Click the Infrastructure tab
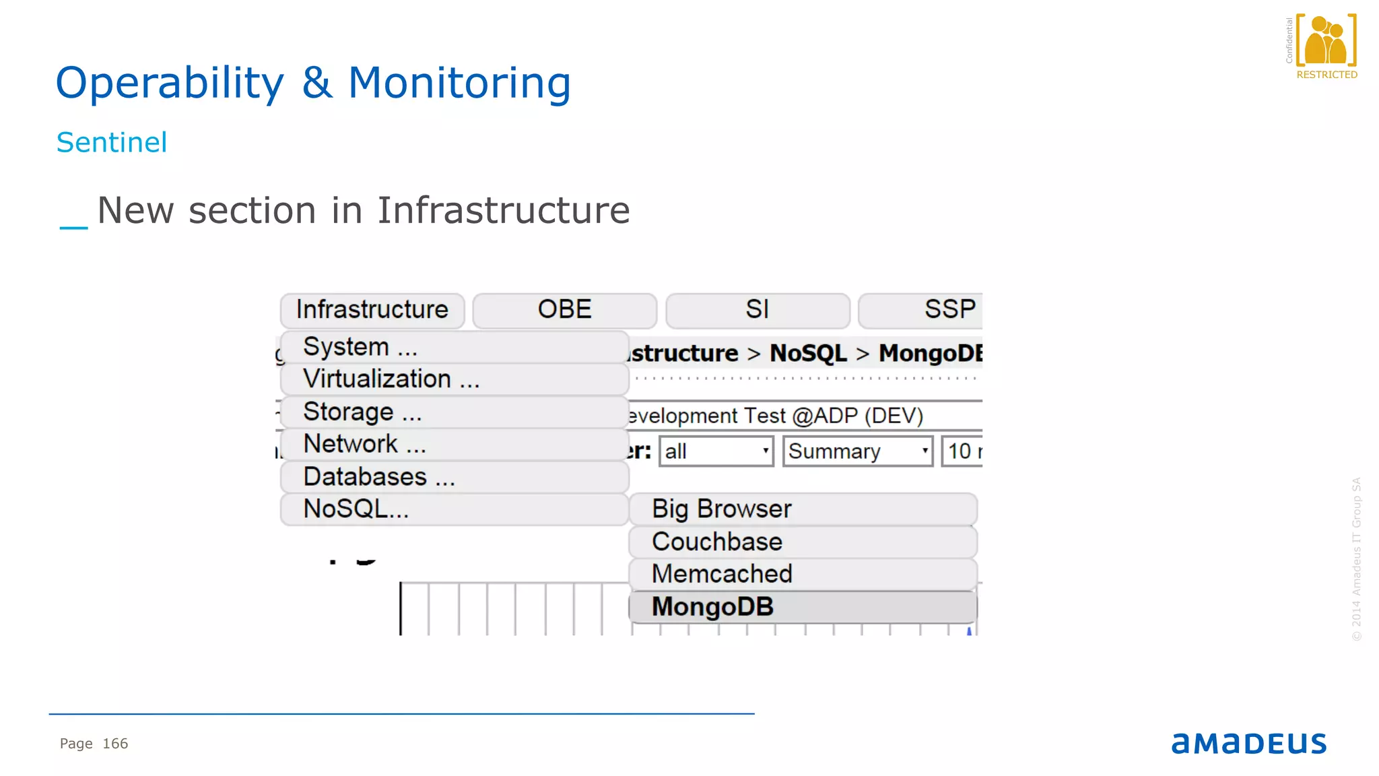[372, 310]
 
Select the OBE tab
[564, 310]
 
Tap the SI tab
[757, 310]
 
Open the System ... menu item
[455, 347]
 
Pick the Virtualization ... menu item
[455, 379]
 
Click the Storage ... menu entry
[455, 412]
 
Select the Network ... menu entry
[455, 444]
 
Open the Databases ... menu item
[455, 477]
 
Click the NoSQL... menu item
[455, 509]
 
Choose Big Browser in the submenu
[803, 509]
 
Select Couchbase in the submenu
[803, 542]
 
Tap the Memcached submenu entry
[803, 574]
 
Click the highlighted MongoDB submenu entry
[803, 607]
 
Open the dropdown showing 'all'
[716, 451]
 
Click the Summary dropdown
[857, 451]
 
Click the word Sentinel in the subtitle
[112, 143]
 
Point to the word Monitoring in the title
[459, 83]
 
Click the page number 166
[115, 744]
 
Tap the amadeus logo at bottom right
[1248, 743]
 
